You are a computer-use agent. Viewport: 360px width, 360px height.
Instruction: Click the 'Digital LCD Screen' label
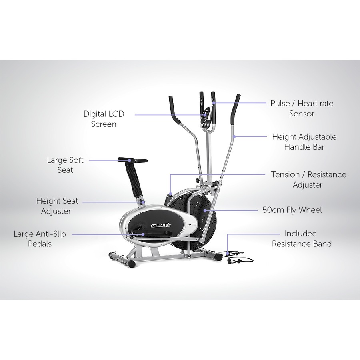[104, 119]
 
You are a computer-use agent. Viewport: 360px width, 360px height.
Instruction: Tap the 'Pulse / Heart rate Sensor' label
[302, 108]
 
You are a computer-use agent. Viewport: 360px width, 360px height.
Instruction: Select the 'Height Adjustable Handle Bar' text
[304, 142]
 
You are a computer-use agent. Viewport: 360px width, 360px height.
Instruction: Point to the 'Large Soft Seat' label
[65, 165]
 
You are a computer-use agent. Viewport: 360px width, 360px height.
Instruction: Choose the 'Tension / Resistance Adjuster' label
[308, 180]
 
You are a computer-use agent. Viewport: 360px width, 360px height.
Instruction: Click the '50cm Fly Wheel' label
[292, 210]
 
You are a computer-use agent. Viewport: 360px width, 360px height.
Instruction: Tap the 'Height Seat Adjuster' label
[57, 206]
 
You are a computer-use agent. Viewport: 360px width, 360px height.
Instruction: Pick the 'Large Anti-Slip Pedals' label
[40, 239]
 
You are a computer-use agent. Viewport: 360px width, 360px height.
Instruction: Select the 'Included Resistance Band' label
[302, 239]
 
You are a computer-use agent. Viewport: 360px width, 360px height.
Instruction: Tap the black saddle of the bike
[133, 160]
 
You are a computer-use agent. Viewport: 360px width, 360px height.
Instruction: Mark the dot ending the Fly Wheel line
[205, 210]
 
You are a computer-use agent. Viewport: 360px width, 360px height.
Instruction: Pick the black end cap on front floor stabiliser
[131, 264]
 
